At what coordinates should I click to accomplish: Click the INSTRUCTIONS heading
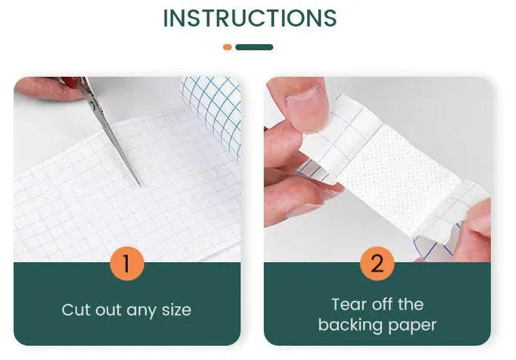click(250, 18)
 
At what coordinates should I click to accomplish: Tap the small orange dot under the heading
click(228, 48)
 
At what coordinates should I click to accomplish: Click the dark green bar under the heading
click(254, 48)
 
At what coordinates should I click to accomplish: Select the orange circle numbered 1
click(126, 263)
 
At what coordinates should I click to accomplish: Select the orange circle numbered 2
click(377, 263)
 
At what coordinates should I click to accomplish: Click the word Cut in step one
click(76, 310)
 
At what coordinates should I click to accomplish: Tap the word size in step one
click(176, 310)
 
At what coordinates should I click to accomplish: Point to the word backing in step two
click(351, 325)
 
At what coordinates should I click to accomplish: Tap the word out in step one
click(109, 310)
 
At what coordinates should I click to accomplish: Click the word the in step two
click(411, 304)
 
